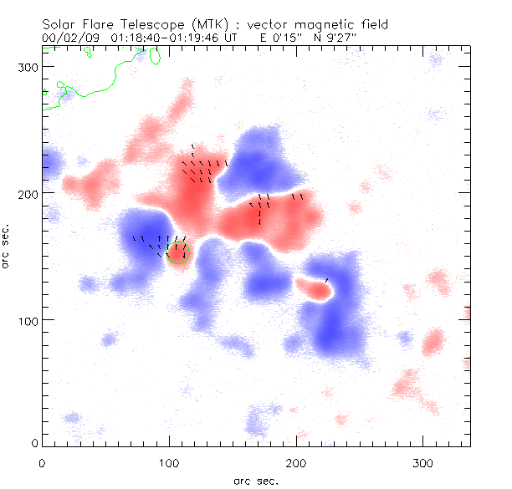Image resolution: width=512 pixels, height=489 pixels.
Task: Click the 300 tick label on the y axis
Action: coord(27,66)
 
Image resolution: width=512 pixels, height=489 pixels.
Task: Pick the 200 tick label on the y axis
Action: coord(27,193)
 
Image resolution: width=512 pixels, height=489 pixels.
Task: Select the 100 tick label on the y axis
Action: coord(27,320)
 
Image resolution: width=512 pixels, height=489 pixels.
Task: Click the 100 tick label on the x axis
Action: coord(170,461)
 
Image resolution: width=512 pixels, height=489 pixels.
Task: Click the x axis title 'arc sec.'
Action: coord(256,481)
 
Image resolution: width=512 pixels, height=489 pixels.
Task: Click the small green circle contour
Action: coord(178,252)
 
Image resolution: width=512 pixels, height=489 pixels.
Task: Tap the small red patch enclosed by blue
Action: coord(315,288)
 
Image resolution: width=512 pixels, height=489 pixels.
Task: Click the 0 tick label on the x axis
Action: coord(43,461)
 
